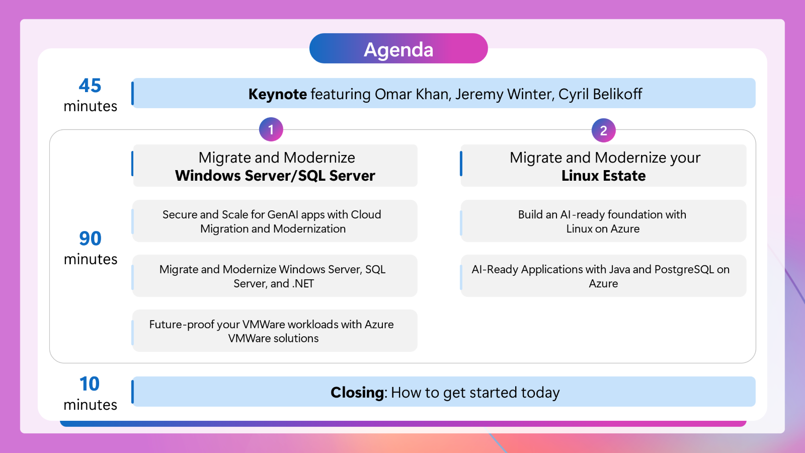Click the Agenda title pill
(398, 48)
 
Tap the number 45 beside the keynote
(90, 86)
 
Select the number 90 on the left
(90, 239)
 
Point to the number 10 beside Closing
(90, 384)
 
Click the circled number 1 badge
(271, 129)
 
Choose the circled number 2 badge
(603, 130)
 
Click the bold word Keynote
(277, 94)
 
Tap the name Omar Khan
(413, 94)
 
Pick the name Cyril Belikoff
(600, 94)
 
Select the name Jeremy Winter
(505, 94)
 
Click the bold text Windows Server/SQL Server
(275, 176)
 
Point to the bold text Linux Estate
(603, 176)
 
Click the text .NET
(303, 284)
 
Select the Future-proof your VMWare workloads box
(275, 331)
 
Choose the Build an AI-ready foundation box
(603, 221)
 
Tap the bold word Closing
(357, 393)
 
